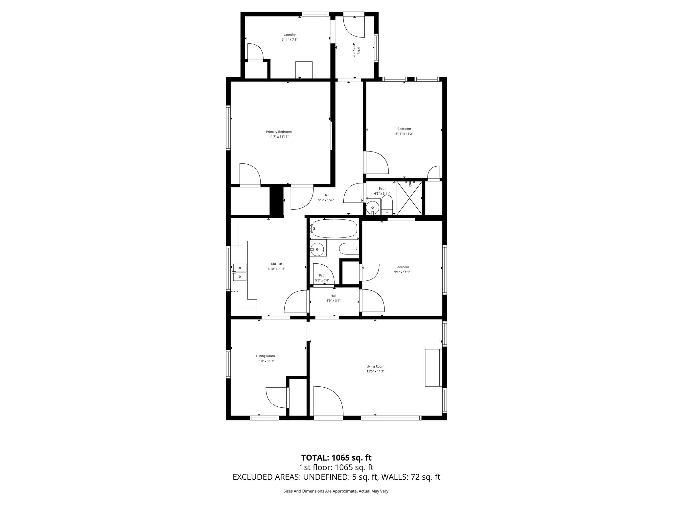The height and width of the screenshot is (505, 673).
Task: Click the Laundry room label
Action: (x=290, y=35)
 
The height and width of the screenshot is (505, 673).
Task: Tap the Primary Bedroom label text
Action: (x=279, y=132)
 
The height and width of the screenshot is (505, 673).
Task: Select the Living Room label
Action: (x=375, y=366)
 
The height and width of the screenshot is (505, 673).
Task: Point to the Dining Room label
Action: (x=265, y=356)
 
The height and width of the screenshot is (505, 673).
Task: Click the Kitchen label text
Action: (x=276, y=264)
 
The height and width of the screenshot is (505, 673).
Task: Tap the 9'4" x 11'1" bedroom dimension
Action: (x=402, y=272)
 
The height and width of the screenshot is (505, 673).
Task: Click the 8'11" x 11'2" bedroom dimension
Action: (x=404, y=134)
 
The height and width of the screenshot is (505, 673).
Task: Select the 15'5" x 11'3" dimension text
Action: (x=375, y=371)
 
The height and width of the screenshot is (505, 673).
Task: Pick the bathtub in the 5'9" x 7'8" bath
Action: (x=334, y=228)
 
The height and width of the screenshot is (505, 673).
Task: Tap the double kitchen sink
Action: (x=240, y=272)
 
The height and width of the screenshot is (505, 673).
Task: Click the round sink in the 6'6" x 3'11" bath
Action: (x=372, y=207)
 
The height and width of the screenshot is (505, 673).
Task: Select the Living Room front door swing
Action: (x=328, y=401)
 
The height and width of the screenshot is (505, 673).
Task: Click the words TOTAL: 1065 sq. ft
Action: (x=336, y=458)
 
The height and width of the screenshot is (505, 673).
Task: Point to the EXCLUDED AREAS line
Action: (x=336, y=477)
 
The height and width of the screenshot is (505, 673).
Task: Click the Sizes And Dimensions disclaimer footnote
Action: (x=336, y=491)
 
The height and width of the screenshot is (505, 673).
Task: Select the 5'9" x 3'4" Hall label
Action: (x=333, y=298)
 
